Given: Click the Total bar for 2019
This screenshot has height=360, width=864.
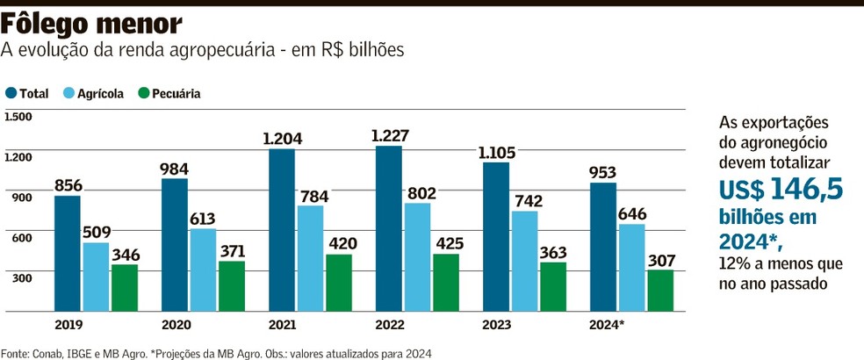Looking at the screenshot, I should tap(68, 253).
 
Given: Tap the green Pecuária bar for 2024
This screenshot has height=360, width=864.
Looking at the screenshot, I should tap(660, 290).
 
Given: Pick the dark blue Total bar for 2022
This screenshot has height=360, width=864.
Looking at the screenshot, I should tap(388, 228).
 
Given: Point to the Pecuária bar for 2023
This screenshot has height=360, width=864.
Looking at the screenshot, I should tap(553, 286).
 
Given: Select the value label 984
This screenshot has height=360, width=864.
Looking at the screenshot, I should tap(176, 168).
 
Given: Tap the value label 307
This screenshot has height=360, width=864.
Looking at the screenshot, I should tap(660, 259).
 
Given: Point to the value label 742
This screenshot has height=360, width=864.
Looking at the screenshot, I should tap(525, 200).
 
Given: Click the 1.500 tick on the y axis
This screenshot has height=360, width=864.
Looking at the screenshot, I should tap(18, 117).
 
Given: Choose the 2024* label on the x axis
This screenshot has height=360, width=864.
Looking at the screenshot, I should tap(607, 325).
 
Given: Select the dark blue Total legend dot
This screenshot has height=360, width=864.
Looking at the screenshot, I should tap(11, 93).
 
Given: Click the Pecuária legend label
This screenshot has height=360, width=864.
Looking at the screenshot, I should tap(176, 93).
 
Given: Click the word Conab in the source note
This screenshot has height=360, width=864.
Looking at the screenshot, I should tap(47, 352).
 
